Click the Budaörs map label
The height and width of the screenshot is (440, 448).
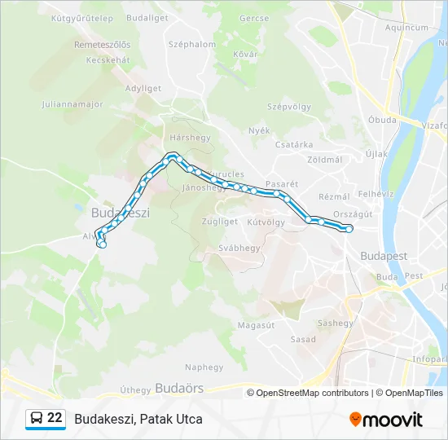pyautogui.click(x=178, y=389)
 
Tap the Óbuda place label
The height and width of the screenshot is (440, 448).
pyautogui.click(x=381, y=120)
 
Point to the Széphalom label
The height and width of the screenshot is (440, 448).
pyautogui.click(x=192, y=45)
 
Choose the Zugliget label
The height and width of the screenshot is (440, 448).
pyautogui.click(x=219, y=221)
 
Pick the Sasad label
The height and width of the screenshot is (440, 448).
pyautogui.click(x=303, y=339)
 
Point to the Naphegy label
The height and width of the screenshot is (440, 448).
pyautogui.click(x=204, y=367)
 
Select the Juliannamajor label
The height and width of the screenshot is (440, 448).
pyautogui.click(x=70, y=104)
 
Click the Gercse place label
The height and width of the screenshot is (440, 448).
pyautogui.click(x=254, y=17)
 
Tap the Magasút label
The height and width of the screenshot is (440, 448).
pyautogui.click(x=256, y=324)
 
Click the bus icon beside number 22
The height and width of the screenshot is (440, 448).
pyautogui.click(x=36, y=419)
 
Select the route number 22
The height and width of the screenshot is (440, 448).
pyautogui.click(x=55, y=418)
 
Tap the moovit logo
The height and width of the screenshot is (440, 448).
pyautogui.click(x=386, y=419)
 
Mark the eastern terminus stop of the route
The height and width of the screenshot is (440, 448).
pyautogui.click(x=349, y=230)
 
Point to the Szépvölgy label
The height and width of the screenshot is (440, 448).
pyautogui.click(x=289, y=107)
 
